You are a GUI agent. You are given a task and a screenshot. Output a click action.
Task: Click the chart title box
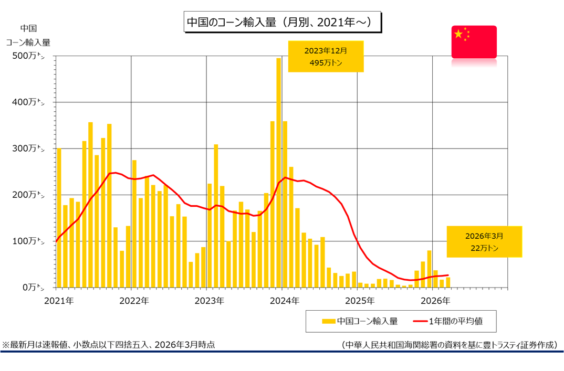283,23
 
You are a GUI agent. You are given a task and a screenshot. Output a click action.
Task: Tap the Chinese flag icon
474,41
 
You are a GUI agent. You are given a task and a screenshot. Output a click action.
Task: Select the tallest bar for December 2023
279,173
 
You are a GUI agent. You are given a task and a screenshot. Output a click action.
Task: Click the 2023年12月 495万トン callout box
326,56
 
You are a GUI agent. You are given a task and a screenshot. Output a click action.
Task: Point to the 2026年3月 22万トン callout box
484,242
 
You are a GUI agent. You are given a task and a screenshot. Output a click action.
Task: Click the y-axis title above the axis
28,35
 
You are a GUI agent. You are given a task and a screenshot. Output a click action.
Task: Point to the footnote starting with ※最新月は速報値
108,345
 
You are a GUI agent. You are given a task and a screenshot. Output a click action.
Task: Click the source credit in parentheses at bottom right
449,345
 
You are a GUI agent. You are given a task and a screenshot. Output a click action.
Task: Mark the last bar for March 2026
448,282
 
